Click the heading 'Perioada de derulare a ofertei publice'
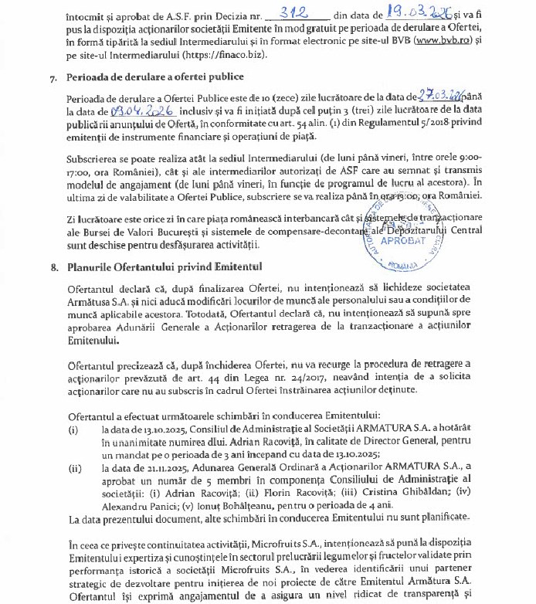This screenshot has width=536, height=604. [157, 76]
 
